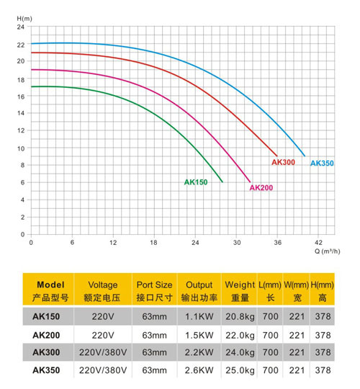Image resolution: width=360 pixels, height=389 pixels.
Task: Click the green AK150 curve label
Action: coord(196,182)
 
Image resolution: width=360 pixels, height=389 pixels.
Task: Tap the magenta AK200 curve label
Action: coord(261,187)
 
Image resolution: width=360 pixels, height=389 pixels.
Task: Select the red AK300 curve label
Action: coord(284,162)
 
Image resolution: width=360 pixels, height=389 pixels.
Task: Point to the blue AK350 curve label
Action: coord(322,163)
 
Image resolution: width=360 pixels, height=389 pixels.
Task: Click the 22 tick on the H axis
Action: coord(21,45)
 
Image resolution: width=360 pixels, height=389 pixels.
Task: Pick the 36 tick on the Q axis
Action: coord(278,242)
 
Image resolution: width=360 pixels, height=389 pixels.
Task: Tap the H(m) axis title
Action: coord(24,19)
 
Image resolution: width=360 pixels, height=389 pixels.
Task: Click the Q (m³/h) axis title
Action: coord(328,251)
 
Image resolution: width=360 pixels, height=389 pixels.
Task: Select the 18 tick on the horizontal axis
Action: coord(153,242)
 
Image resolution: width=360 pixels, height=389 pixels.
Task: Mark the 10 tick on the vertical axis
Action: coord(21,148)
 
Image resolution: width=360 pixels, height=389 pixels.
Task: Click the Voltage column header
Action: coord(103,285)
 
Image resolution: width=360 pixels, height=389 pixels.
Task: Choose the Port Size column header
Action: coord(154,285)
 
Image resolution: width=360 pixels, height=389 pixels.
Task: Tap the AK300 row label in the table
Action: coord(46,352)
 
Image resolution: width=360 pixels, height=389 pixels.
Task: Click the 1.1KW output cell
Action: coord(199,316)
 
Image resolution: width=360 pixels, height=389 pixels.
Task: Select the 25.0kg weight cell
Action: coord(240,370)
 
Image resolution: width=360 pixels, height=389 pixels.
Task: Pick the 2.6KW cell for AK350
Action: coord(199,370)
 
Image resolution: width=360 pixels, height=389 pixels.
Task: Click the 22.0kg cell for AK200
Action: coord(240,335)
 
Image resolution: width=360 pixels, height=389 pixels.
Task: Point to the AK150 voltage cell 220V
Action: coord(103,316)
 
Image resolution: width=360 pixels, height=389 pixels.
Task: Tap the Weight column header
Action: coord(240,285)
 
